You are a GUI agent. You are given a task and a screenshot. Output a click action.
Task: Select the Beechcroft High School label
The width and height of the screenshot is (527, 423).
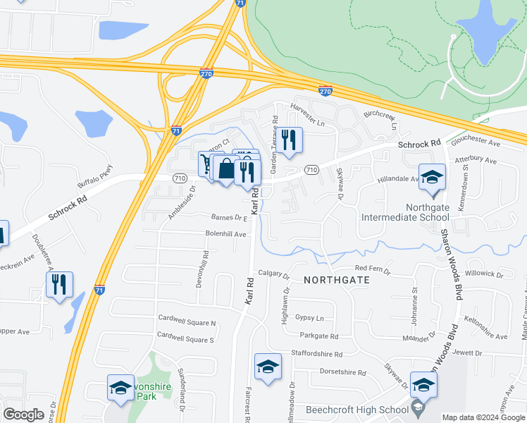pyautogui.click(x=356, y=410)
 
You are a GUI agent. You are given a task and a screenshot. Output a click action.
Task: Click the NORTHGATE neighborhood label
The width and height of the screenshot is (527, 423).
pyautogui.click(x=336, y=280)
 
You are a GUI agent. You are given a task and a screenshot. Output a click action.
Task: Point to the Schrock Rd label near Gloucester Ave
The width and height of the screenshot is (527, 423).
pyautogui.click(x=418, y=144)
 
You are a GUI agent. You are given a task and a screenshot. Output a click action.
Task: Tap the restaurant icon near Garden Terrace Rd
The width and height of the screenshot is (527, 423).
pyautogui.click(x=288, y=139)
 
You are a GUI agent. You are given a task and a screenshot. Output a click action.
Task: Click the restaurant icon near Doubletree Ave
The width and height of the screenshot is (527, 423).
pyautogui.click(x=58, y=284)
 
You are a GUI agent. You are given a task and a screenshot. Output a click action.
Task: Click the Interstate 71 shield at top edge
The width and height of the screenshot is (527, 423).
pyautogui.click(x=240, y=3)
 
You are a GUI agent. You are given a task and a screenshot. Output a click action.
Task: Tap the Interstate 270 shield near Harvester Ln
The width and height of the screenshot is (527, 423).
pyautogui.click(x=325, y=91)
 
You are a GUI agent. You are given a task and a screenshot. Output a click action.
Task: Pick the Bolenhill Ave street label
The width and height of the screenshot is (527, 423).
pyautogui.click(x=226, y=234)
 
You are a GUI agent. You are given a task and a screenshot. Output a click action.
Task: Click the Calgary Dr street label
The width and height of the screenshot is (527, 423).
pyautogui.click(x=273, y=274)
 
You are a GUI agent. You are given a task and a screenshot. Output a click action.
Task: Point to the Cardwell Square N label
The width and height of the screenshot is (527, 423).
pyautogui.click(x=187, y=322)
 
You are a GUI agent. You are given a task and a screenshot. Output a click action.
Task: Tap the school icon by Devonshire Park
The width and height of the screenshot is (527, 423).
pyautogui.click(x=120, y=388)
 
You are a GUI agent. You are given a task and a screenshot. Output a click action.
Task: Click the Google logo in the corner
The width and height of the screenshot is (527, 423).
pyautogui.click(x=24, y=415)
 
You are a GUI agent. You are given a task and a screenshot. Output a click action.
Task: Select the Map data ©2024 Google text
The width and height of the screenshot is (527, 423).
pyautogui.click(x=483, y=417)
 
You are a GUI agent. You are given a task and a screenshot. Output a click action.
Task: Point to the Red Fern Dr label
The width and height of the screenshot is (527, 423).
pyautogui.click(x=372, y=269)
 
